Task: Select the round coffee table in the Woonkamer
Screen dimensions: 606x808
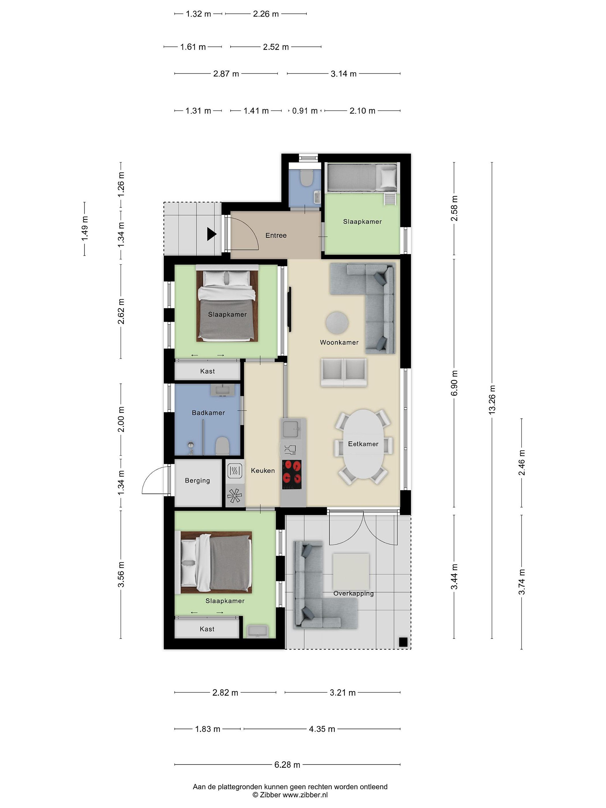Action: [337, 323]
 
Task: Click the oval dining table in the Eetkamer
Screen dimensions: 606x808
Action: [363, 444]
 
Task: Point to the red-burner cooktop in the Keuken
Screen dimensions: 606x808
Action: [293, 474]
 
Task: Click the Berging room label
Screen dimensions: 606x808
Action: [197, 481]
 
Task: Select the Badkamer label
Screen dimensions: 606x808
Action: [208, 413]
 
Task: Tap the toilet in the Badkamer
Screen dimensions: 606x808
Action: [222, 446]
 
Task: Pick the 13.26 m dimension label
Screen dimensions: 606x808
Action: [492, 399]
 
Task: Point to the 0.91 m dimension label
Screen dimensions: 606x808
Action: [305, 111]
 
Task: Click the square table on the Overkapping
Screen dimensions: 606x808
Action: [350, 571]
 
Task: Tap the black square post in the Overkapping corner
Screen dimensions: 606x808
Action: [403, 642]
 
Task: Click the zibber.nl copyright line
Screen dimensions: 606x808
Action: [290, 795]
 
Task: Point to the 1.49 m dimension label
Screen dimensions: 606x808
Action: [84, 229]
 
